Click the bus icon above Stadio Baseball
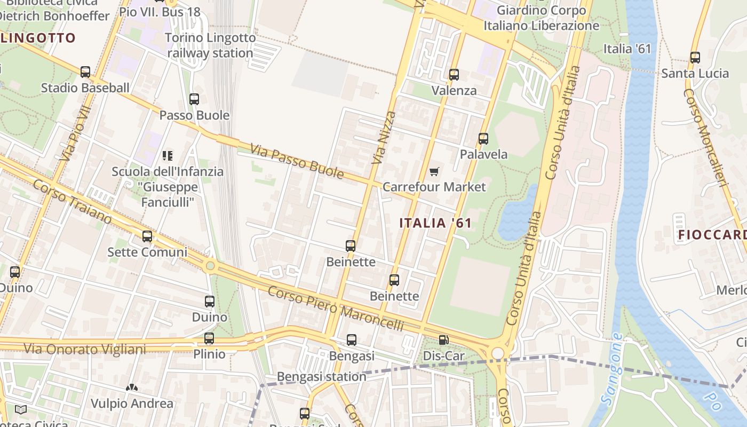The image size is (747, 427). pos(85,72)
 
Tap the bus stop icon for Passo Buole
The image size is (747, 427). pos(194,99)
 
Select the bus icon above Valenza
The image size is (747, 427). pos(454,75)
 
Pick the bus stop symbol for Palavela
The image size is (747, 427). pos(483,139)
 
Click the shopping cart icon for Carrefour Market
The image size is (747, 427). pos(434,171)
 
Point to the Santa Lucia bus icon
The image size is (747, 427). pos(695,58)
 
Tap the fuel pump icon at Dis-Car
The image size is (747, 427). pos(443,340)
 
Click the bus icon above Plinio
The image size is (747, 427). pos(209,338)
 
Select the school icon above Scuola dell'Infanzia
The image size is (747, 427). pos(168,156)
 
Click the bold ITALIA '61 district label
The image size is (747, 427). pos(436,223)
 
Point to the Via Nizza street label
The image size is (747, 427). pos(385,137)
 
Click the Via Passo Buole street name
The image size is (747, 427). pos(297,162)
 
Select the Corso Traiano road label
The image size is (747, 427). pos(72,201)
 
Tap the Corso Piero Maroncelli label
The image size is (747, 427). pos(335,308)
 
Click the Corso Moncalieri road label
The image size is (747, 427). pos(705,137)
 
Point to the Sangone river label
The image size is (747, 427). pos(611,368)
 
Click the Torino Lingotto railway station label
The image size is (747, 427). pos(210,45)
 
